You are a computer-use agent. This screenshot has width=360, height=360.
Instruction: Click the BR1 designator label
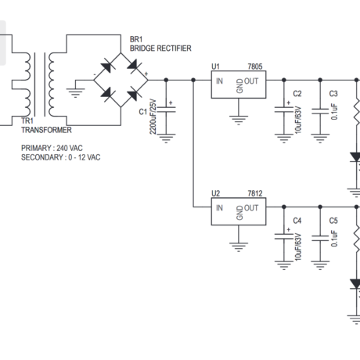click(x=136, y=39)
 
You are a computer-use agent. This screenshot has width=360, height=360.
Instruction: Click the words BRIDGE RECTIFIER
click(x=160, y=49)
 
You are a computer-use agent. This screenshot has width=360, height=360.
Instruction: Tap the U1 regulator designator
click(x=216, y=67)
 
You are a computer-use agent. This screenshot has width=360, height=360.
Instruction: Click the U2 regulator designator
click(x=216, y=194)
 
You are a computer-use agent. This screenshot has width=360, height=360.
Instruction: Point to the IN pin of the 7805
click(x=220, y=81)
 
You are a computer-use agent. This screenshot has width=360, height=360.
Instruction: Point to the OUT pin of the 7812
click(x=251, y=208)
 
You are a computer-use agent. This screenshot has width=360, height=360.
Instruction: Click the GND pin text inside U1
click(x=239, y=86)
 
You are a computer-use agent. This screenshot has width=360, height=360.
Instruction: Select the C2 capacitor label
click(x=297, y=94)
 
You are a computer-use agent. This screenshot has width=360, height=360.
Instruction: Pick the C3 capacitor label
click(x=333, y=94)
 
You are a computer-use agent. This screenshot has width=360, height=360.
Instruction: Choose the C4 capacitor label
click(x=297, y=221)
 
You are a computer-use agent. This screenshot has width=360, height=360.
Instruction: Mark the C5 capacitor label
click(x=333, y=221)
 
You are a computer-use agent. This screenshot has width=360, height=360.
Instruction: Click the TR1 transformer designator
click(x=27, y=122)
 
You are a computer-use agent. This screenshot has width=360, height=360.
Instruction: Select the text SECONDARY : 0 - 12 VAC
click(x=61, y=157)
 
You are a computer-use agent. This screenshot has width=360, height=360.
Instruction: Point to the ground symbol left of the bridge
click(x=76, y=94)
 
